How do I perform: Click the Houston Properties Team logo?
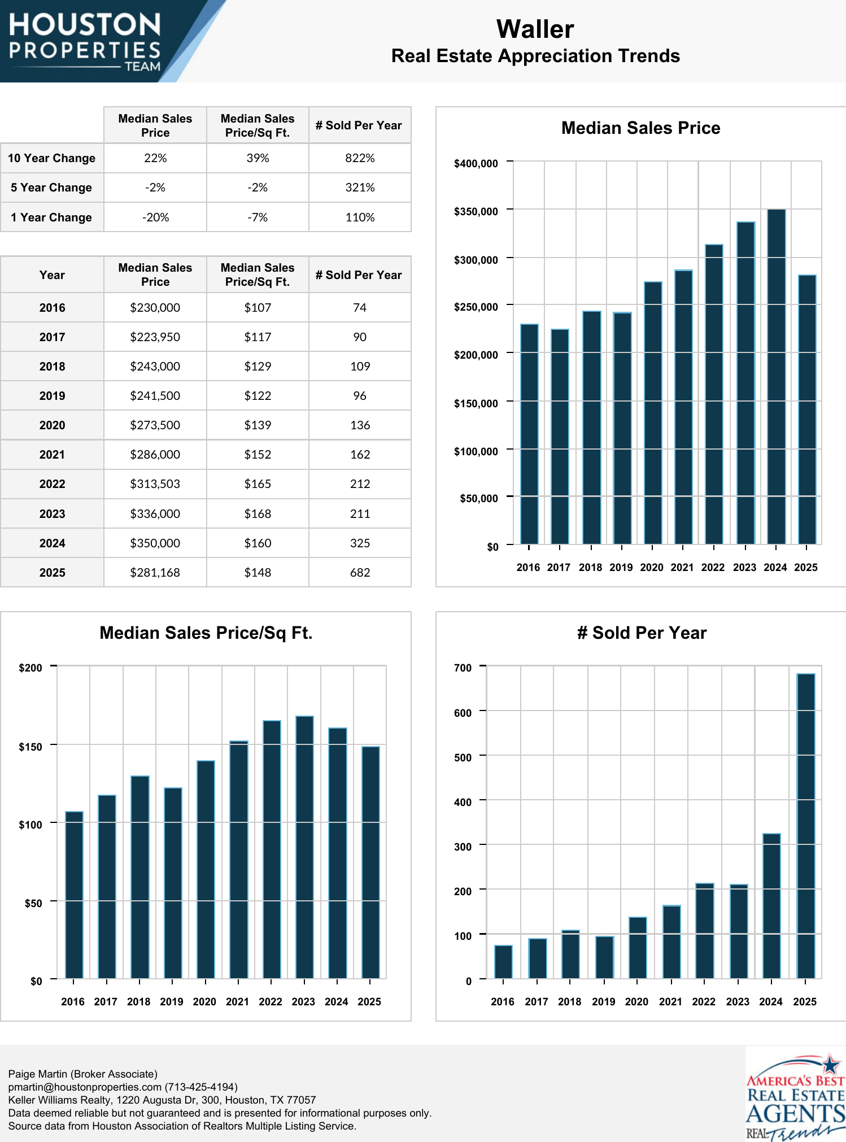click(85, 41)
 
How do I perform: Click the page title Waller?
click(535, 29)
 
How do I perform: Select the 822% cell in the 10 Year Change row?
click(360, 158)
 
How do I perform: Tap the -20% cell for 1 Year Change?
click(155, 217)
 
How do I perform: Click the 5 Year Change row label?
click(51, 188)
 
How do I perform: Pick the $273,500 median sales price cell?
click(155, 425)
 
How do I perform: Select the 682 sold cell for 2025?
click(360, 573)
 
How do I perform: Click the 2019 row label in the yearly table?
click(52, 396)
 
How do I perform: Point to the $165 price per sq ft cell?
click(258, 484)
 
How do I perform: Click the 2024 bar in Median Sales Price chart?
click(776, 377)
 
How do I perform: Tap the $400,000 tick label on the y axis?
click(476, 164)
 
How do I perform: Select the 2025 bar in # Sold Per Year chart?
click(805, 826)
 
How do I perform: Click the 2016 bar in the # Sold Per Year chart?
click(503, 962)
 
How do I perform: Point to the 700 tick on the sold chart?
click(463, 668)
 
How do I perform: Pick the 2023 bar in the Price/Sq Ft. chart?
click(304, 847)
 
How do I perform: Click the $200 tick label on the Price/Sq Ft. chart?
click(30, 668)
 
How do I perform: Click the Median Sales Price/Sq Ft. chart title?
click(206, 633)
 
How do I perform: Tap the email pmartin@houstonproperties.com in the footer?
click(85, 1087)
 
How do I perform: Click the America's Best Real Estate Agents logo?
click(795, 1096)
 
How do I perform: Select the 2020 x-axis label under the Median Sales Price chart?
click(652, 568)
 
